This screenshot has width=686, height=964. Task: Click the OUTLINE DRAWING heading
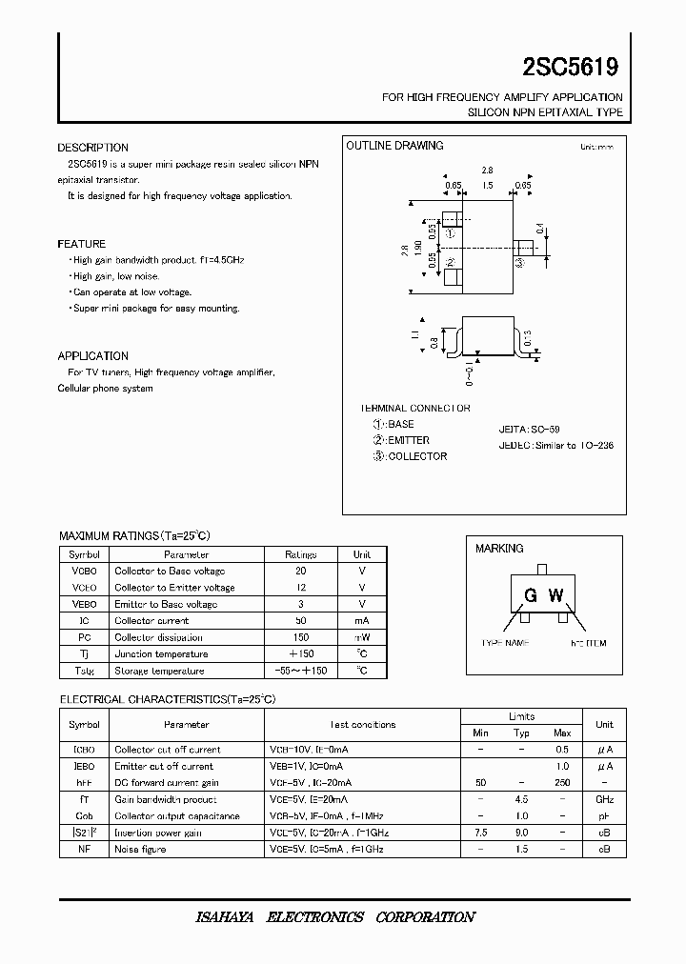[x=394, y=146]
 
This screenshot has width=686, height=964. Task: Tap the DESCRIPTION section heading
[x=92, y=148]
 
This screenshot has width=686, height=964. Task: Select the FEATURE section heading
[x=81, y=244]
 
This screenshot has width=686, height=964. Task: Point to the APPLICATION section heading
[x=92, y=355]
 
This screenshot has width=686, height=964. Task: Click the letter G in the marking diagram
[x=529, y=596]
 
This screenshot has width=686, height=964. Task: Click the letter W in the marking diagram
[x=556, y=596]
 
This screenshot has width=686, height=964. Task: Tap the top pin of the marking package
[x=541, y=570]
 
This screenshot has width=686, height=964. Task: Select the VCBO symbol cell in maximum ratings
[x=85, y=571]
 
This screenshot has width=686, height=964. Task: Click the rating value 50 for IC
[x=300, y=620]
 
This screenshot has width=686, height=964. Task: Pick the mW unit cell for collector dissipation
[x=362, y=637]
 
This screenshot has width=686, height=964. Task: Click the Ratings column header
[x=300, y=553]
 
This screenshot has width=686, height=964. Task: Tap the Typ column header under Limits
[x=521, y=733]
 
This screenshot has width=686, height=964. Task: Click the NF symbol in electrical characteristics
[x=85, y=849]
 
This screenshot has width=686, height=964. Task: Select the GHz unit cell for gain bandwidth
[x=604, y=799]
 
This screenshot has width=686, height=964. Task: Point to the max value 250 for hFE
[x=562, y=782]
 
